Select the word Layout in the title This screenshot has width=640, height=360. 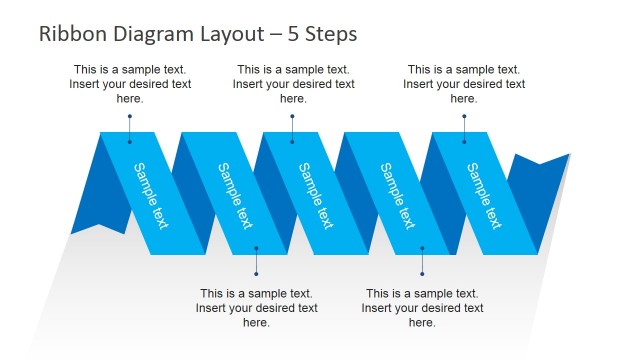click(227, 34)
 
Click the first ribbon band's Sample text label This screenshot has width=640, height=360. click(151, 195)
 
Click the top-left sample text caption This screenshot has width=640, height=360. click(129, 84)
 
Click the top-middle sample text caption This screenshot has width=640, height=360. click(293, 84)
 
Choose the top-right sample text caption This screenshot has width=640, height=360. click(464, 84)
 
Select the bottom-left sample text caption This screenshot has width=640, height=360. click(256, 308)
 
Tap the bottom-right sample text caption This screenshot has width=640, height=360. click(422, 308)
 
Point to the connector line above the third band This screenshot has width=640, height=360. click(292, 128)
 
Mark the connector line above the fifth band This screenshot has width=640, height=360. click(464, 128)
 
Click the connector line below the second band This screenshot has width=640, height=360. click(256, 262)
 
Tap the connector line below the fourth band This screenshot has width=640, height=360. click(422, 262)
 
